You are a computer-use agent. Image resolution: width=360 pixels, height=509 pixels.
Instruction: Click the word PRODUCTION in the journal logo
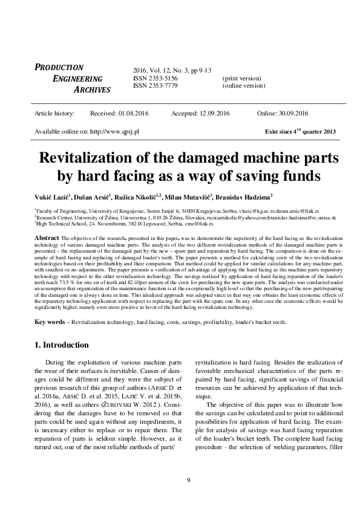[59, 68]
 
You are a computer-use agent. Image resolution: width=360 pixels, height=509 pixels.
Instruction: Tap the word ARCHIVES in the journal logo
[92, 90]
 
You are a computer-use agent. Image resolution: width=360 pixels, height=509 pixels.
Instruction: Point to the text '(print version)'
[242, 79]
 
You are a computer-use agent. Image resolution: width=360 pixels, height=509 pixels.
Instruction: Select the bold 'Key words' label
[50, 322]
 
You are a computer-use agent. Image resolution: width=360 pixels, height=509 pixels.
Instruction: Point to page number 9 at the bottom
[189, 480]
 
